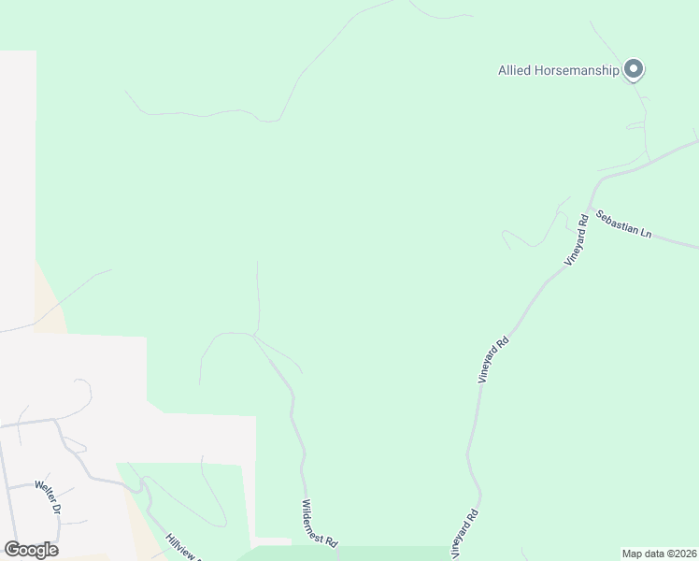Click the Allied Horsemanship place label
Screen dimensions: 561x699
(559, 70)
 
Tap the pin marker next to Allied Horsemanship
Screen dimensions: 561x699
(635, 69)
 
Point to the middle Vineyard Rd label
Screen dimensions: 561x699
(493, 359)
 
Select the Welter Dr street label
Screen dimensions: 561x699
(48, 498)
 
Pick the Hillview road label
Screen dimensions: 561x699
(183, 547)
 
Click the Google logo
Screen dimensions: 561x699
(31, 550)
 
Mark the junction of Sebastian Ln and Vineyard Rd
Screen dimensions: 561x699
(590, 207)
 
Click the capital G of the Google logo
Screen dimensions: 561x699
(11, 550)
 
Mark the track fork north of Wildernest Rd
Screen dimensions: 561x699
(254, 335)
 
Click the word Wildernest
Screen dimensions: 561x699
(313, 518)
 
